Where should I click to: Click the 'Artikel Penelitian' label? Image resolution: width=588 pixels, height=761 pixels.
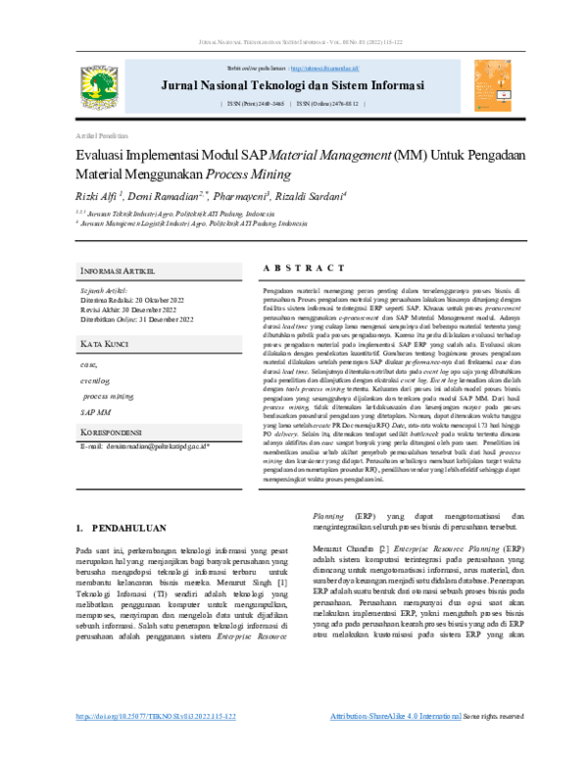tap(100, 134)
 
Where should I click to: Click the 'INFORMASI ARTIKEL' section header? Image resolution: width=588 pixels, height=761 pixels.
tap(123, 270)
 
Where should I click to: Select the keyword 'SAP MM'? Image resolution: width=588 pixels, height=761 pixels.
tap(96, 412)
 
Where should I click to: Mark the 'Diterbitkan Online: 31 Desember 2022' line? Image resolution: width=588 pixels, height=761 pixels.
tap(136, 320)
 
